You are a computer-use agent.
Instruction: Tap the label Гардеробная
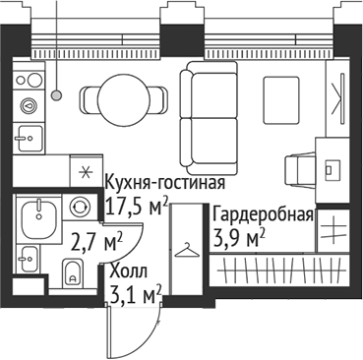pyautogui.click(x=263, y=215)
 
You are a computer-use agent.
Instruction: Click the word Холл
pyautogui.click(x=128, y=270)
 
